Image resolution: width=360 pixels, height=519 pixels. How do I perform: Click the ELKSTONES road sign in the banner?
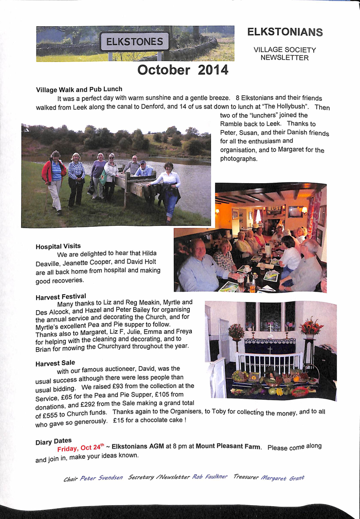pos(134,42)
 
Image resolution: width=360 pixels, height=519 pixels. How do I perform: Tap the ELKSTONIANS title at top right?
pos(284,32)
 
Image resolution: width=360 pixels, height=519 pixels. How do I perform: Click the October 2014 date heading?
pos(183,70)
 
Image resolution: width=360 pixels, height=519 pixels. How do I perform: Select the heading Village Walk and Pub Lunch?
pos(79,89)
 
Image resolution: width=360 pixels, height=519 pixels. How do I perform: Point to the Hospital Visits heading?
pos(58,246)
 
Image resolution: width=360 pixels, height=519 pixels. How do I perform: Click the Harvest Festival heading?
pos(61,297)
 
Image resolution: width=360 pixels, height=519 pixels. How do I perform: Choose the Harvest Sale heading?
pos(55,363)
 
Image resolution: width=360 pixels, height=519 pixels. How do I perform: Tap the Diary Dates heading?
pos(53,442)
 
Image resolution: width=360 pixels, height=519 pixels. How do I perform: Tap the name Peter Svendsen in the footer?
pos(101,478)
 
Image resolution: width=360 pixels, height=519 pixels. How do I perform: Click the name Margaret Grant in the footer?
pos(282,477)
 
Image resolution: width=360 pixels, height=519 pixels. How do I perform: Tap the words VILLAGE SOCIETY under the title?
pos(284,50)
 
